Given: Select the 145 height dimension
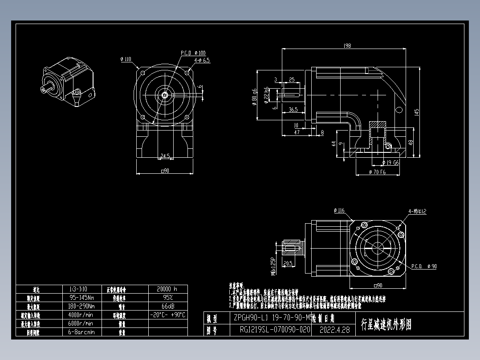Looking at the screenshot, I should click(x=416, y=113).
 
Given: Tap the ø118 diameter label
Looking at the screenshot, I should click(x=126, y=59).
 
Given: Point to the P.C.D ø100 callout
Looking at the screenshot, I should click(x=193, y=53).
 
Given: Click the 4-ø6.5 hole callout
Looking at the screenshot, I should click(x=202, y=60).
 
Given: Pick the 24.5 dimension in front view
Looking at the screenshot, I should click(x=165, y=156).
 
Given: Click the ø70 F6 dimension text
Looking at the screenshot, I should click(x=377, y=172).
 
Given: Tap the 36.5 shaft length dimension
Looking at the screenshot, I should click(x=293, y=109).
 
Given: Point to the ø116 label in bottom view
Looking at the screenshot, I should click(x=339, y=210).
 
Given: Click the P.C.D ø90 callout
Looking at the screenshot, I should click(x=424, y=266).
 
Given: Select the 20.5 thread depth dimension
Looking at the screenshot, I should click(x=287, y=263).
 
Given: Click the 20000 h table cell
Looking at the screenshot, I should click(x=167, y=289).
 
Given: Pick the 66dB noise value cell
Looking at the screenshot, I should click(x=167, y=307).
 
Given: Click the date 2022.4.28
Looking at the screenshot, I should click(x=335, y=330).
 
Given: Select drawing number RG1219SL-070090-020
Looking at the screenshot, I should click(x=274, y=330).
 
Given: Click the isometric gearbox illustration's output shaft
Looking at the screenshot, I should click(x=46, y=89).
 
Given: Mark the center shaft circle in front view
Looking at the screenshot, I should click(x=165, y=94).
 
